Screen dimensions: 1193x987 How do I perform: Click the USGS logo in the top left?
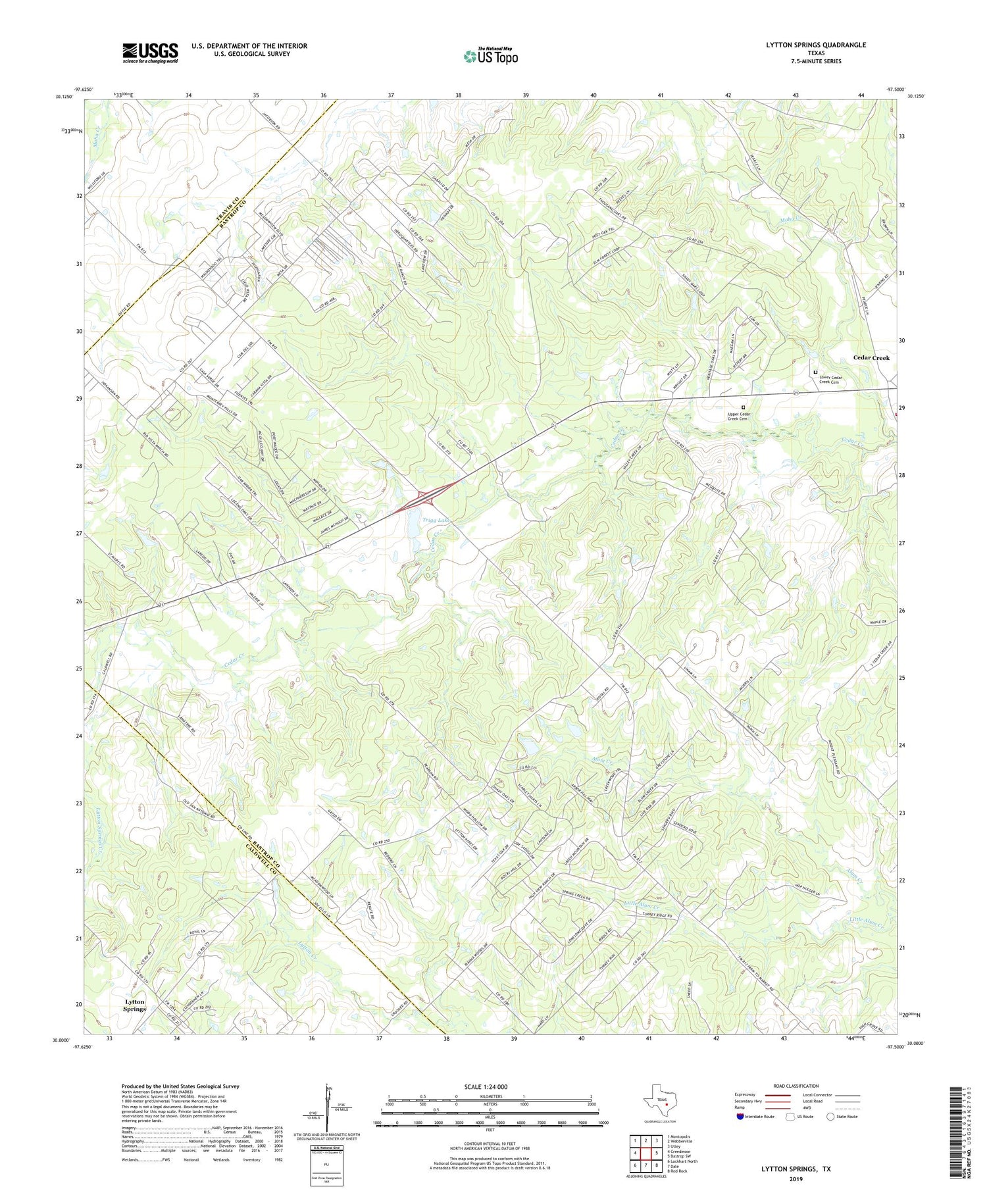pyautogui.click(x=150, y=53)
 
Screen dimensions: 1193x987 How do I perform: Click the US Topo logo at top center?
pyautogui.click(x=490, y=56)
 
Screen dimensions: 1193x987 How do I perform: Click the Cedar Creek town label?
pyautogui.click(x=871, y=357)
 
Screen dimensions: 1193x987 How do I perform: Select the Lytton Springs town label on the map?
pyautogui.click(x=135, y=1005)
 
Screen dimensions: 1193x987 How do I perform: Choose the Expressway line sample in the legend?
pyautogui.click(x=777, y=1095)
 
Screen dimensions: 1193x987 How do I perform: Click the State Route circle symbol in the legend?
pyautogui.click(x=830, y=1117)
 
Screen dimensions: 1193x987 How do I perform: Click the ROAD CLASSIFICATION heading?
pyautogui.click(x=796, y=1086)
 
